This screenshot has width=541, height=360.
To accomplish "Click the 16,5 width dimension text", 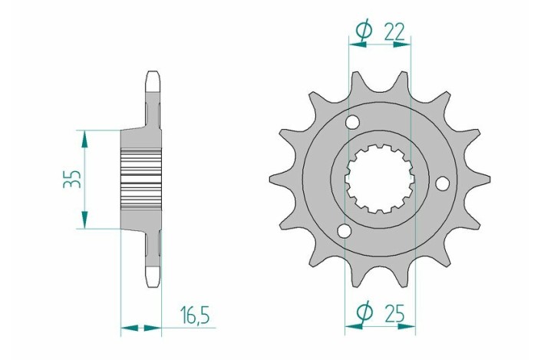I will click(x=196, y=314).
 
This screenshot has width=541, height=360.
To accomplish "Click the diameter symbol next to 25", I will click(x=365, y=313).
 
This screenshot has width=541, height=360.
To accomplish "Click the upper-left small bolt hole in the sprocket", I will click(x=353, y=122).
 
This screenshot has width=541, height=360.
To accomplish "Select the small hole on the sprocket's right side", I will click(x=442, y=183).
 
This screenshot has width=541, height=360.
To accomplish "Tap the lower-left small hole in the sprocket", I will click(x=344, y=230).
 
